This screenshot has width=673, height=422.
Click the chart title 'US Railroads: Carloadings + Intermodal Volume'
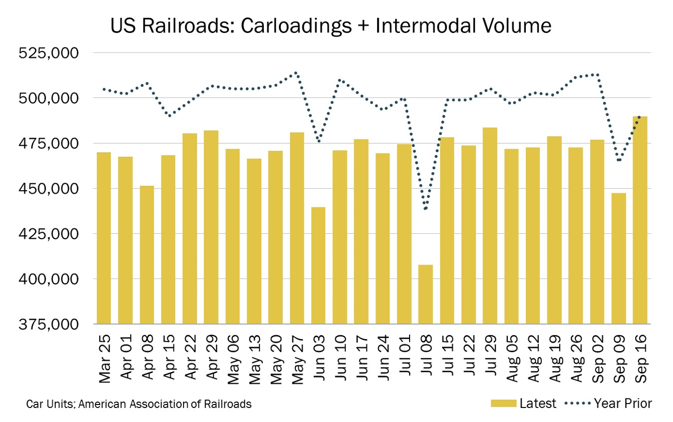coord(331,26)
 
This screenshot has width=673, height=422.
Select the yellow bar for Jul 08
coord(426,294)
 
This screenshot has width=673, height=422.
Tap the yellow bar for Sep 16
coord(640,220)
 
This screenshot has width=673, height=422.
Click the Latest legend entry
coord(523,404)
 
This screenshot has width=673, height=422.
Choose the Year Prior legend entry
coord(608,404)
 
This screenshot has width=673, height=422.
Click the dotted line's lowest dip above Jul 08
coord(426,208)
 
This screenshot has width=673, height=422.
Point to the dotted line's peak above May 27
coord(296,72)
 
